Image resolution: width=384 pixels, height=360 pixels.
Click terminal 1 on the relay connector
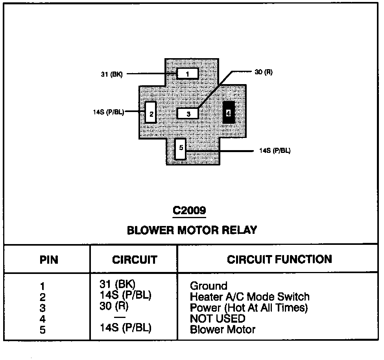187,73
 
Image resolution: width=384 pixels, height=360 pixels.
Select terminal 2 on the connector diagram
151,112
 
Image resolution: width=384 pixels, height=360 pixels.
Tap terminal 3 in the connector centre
188,114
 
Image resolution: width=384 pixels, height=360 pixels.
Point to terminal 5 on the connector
181,149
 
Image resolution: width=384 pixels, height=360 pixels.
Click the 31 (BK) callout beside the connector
112,74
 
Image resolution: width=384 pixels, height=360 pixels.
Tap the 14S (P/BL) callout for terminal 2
109,112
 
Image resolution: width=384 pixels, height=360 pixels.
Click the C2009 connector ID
189,211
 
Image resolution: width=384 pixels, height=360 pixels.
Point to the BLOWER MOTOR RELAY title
192,230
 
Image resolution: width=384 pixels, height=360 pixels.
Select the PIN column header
48,260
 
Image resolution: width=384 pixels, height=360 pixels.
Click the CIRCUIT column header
134,260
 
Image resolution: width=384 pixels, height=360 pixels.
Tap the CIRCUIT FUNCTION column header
279,259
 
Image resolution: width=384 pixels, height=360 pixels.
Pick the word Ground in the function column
209,286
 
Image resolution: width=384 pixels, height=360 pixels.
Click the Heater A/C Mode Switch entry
249,297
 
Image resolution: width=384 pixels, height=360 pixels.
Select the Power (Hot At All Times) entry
249,308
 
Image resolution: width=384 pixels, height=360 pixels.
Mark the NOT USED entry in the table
218,319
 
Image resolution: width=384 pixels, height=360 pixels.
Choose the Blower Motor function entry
223,329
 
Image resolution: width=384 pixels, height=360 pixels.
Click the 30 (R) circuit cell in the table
114,306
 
